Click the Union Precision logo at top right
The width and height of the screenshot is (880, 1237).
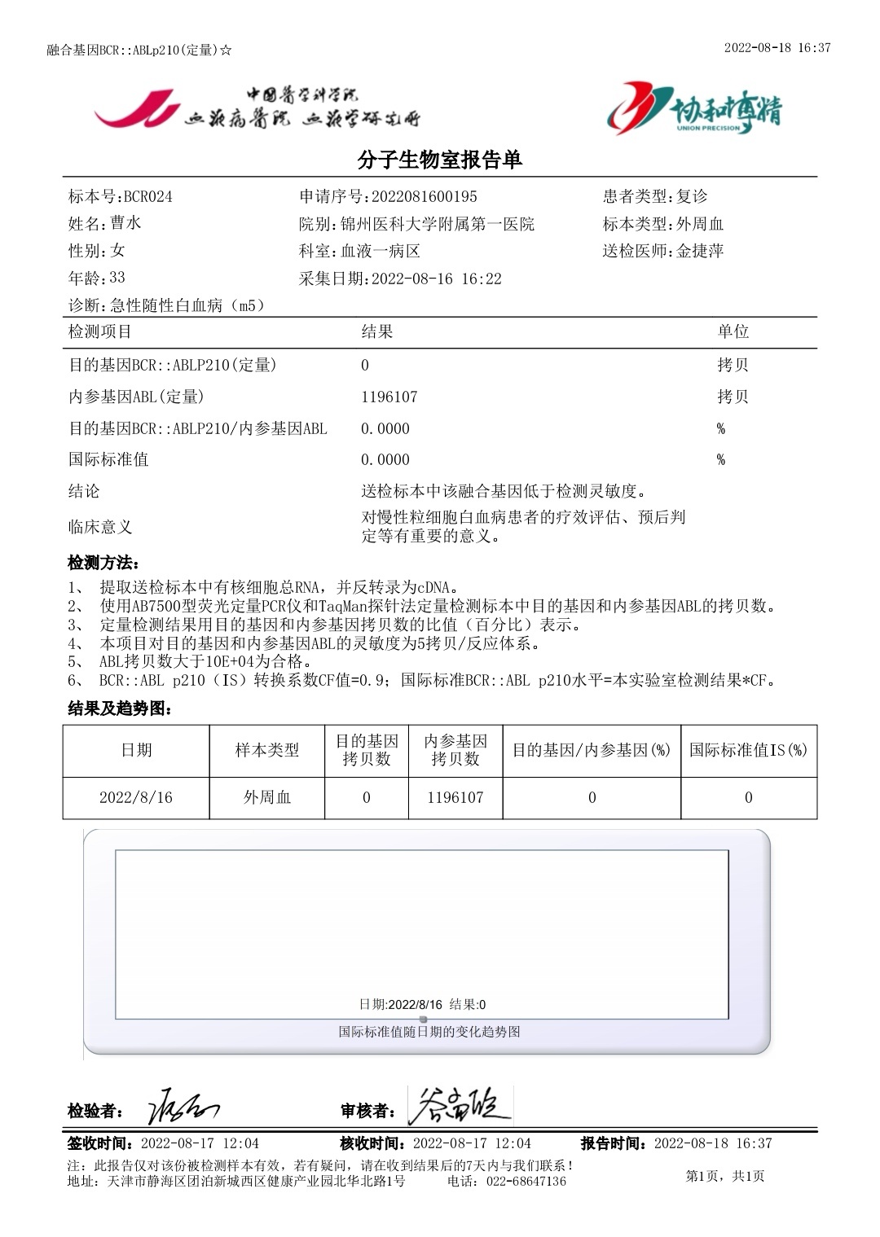pyautogui.click(x=693, y=108)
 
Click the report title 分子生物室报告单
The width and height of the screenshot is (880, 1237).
pyautogui.click(x=440, y=160)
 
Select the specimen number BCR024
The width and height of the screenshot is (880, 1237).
pyautogui.click(x=147, y=197)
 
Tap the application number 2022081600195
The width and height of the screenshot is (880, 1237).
pyautogui.click(x=425, y=197)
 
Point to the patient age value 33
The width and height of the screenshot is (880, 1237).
pyautogui.click(x=117, y=278)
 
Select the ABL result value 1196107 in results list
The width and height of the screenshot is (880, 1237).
pyautogui.click(x=389, y=397)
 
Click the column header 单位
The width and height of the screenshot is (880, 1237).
pyautogui.click(x=733, y=331)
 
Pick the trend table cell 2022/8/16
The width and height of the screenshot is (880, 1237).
pyautogui.click(x=136, y=797)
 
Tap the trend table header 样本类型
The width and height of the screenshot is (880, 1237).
pyautogui.click(x=267, y=750)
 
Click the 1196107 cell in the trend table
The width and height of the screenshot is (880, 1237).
pyautogui.click(x=455, y=797)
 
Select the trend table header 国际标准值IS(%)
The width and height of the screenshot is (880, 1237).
pyautogui.click(x=748, y=750)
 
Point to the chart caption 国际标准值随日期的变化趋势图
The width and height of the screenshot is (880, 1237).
pyautogui.click(x=429, y=1032)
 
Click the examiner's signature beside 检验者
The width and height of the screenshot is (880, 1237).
pyautogui.click(x=183, y=1108)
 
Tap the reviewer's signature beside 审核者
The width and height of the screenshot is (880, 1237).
pyautogui.click(x=459, y=1107)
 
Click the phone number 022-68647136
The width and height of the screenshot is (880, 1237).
pyautogui.click(x=526, y=1181)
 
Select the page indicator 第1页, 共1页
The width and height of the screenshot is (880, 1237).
pyautogui.click(x=725, y=1176)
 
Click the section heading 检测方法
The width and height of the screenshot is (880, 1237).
pyautogui.click(x=103, y=563)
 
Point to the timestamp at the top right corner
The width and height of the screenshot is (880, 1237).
pyautogui.click(x=777, y=48)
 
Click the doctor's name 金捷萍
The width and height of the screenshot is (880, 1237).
pyautogui.click(x=700, y=251)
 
